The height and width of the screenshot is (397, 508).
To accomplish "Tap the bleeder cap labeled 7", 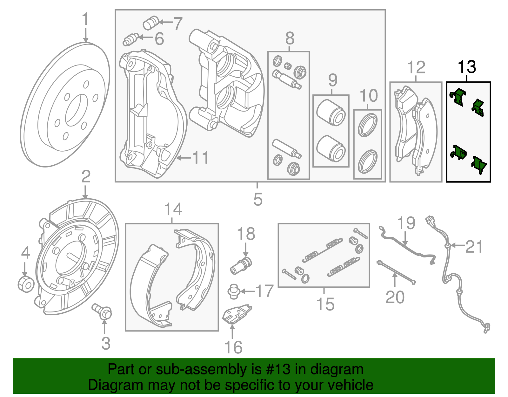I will tap(150, 23).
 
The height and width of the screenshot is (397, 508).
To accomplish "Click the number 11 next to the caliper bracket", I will tap(200, 158).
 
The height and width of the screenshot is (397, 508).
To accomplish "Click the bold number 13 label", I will tap(467, 67).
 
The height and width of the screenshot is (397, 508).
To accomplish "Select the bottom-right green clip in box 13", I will tap(479, 165).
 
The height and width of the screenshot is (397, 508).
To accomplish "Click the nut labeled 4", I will tap(26, 284).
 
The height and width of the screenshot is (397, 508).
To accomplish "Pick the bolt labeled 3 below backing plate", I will tap(102, 311).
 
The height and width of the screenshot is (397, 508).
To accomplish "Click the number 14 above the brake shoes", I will tap(173, 209).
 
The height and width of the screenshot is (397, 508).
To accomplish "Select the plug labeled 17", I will tap(233, 291).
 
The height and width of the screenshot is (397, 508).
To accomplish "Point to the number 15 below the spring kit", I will tap(325, 304).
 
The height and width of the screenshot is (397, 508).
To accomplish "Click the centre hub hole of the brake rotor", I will tap(77, 110).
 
